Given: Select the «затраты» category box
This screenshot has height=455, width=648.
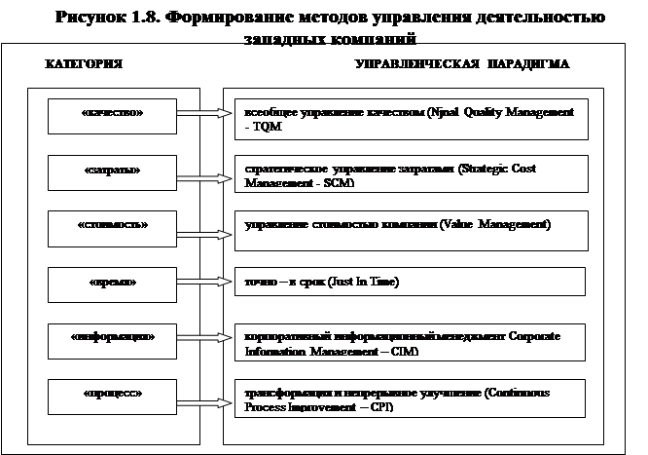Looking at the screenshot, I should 112,171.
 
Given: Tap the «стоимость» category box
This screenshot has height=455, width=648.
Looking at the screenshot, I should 112,225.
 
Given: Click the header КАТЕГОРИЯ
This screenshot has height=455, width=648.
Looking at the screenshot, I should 84,64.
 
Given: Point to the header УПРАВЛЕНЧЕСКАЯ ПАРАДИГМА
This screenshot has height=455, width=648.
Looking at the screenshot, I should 462,64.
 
